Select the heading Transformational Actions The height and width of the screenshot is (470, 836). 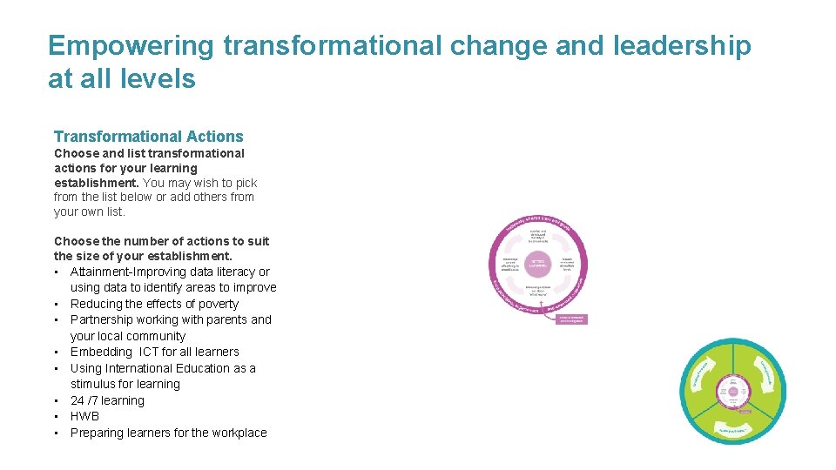(149, 137)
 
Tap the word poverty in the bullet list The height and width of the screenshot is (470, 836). (218, 304)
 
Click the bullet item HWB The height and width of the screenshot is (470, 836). (85, 416)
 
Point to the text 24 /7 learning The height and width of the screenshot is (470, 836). (107, 400)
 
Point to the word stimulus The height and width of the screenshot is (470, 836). (94, 384)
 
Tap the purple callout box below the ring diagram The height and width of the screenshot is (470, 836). (572, 319)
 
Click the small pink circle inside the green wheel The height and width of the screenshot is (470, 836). (733, 392)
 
